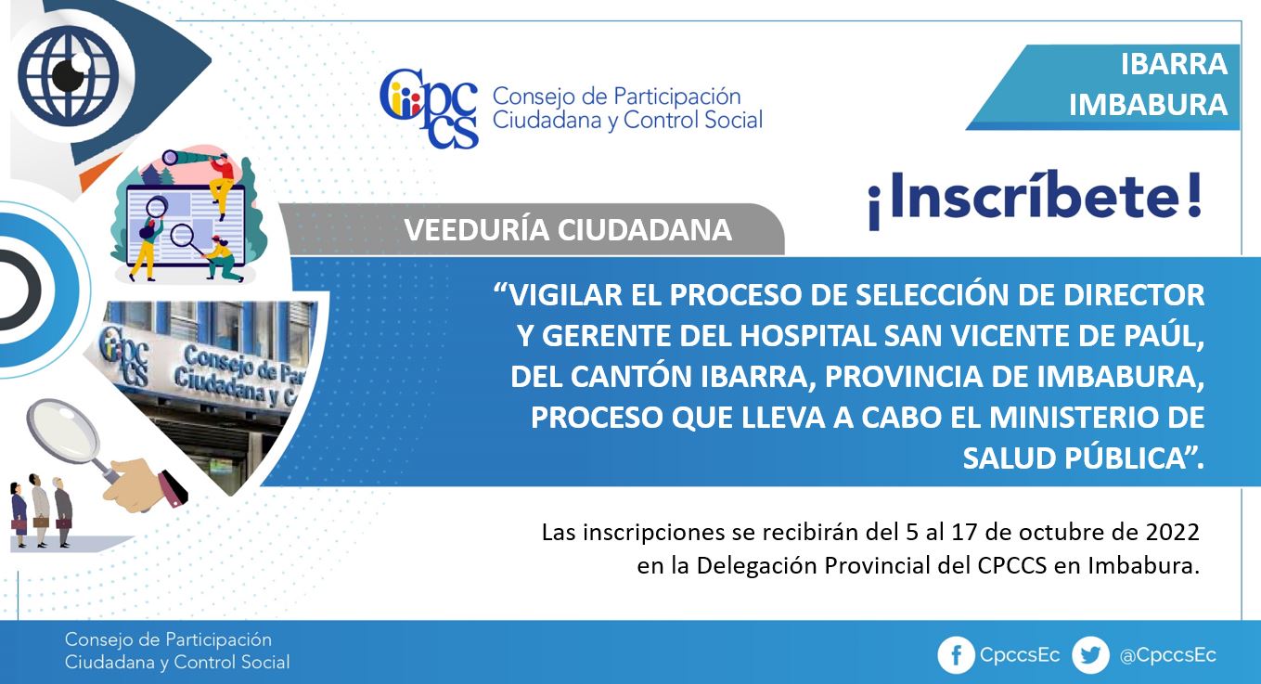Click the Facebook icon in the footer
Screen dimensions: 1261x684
(x=956, y=655)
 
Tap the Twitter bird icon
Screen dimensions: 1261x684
(x=1090, y=655)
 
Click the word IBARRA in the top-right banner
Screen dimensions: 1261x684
(x=1174, y=64)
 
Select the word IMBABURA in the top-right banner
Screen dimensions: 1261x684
(x=1148, y=105)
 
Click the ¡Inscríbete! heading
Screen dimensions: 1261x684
(x=1035, y=200)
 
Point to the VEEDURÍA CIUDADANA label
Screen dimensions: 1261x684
(x=568, y=230)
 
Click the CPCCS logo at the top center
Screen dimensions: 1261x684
(x=429, y=108)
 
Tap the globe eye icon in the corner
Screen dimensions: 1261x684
(x=69, y=75)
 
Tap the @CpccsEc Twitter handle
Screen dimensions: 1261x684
(x=1168, y=655)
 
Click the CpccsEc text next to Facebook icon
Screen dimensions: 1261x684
(x=1020, y=655)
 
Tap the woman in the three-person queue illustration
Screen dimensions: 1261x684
(x=19, y=514)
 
